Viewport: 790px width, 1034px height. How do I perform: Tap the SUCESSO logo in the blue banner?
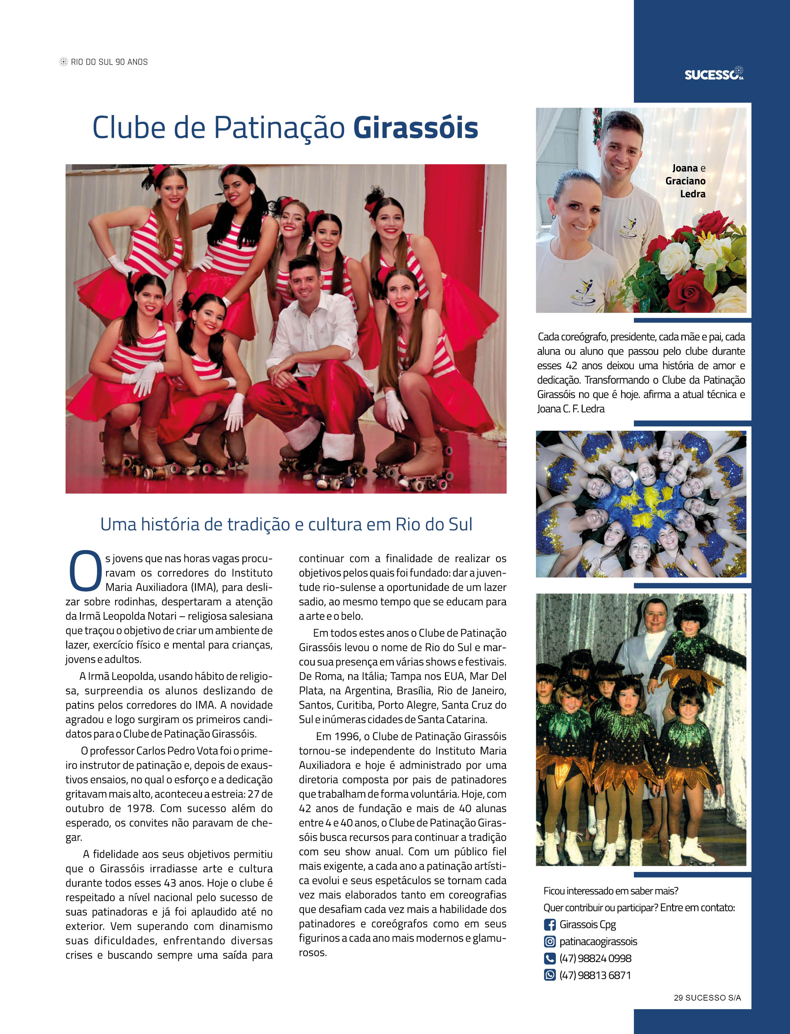tap(713, 74)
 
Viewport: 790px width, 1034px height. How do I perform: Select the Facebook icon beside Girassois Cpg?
tap(549, 924)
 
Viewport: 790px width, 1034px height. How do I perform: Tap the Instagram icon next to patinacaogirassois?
tap(549, 941)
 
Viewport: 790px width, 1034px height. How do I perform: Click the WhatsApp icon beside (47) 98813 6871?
tap(549, 975)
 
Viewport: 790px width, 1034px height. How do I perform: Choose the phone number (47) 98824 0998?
tap(595, 958)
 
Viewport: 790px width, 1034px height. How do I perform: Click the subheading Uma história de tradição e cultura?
tap(286, 524)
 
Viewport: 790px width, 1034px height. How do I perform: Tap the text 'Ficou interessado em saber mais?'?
tap(610, 891)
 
